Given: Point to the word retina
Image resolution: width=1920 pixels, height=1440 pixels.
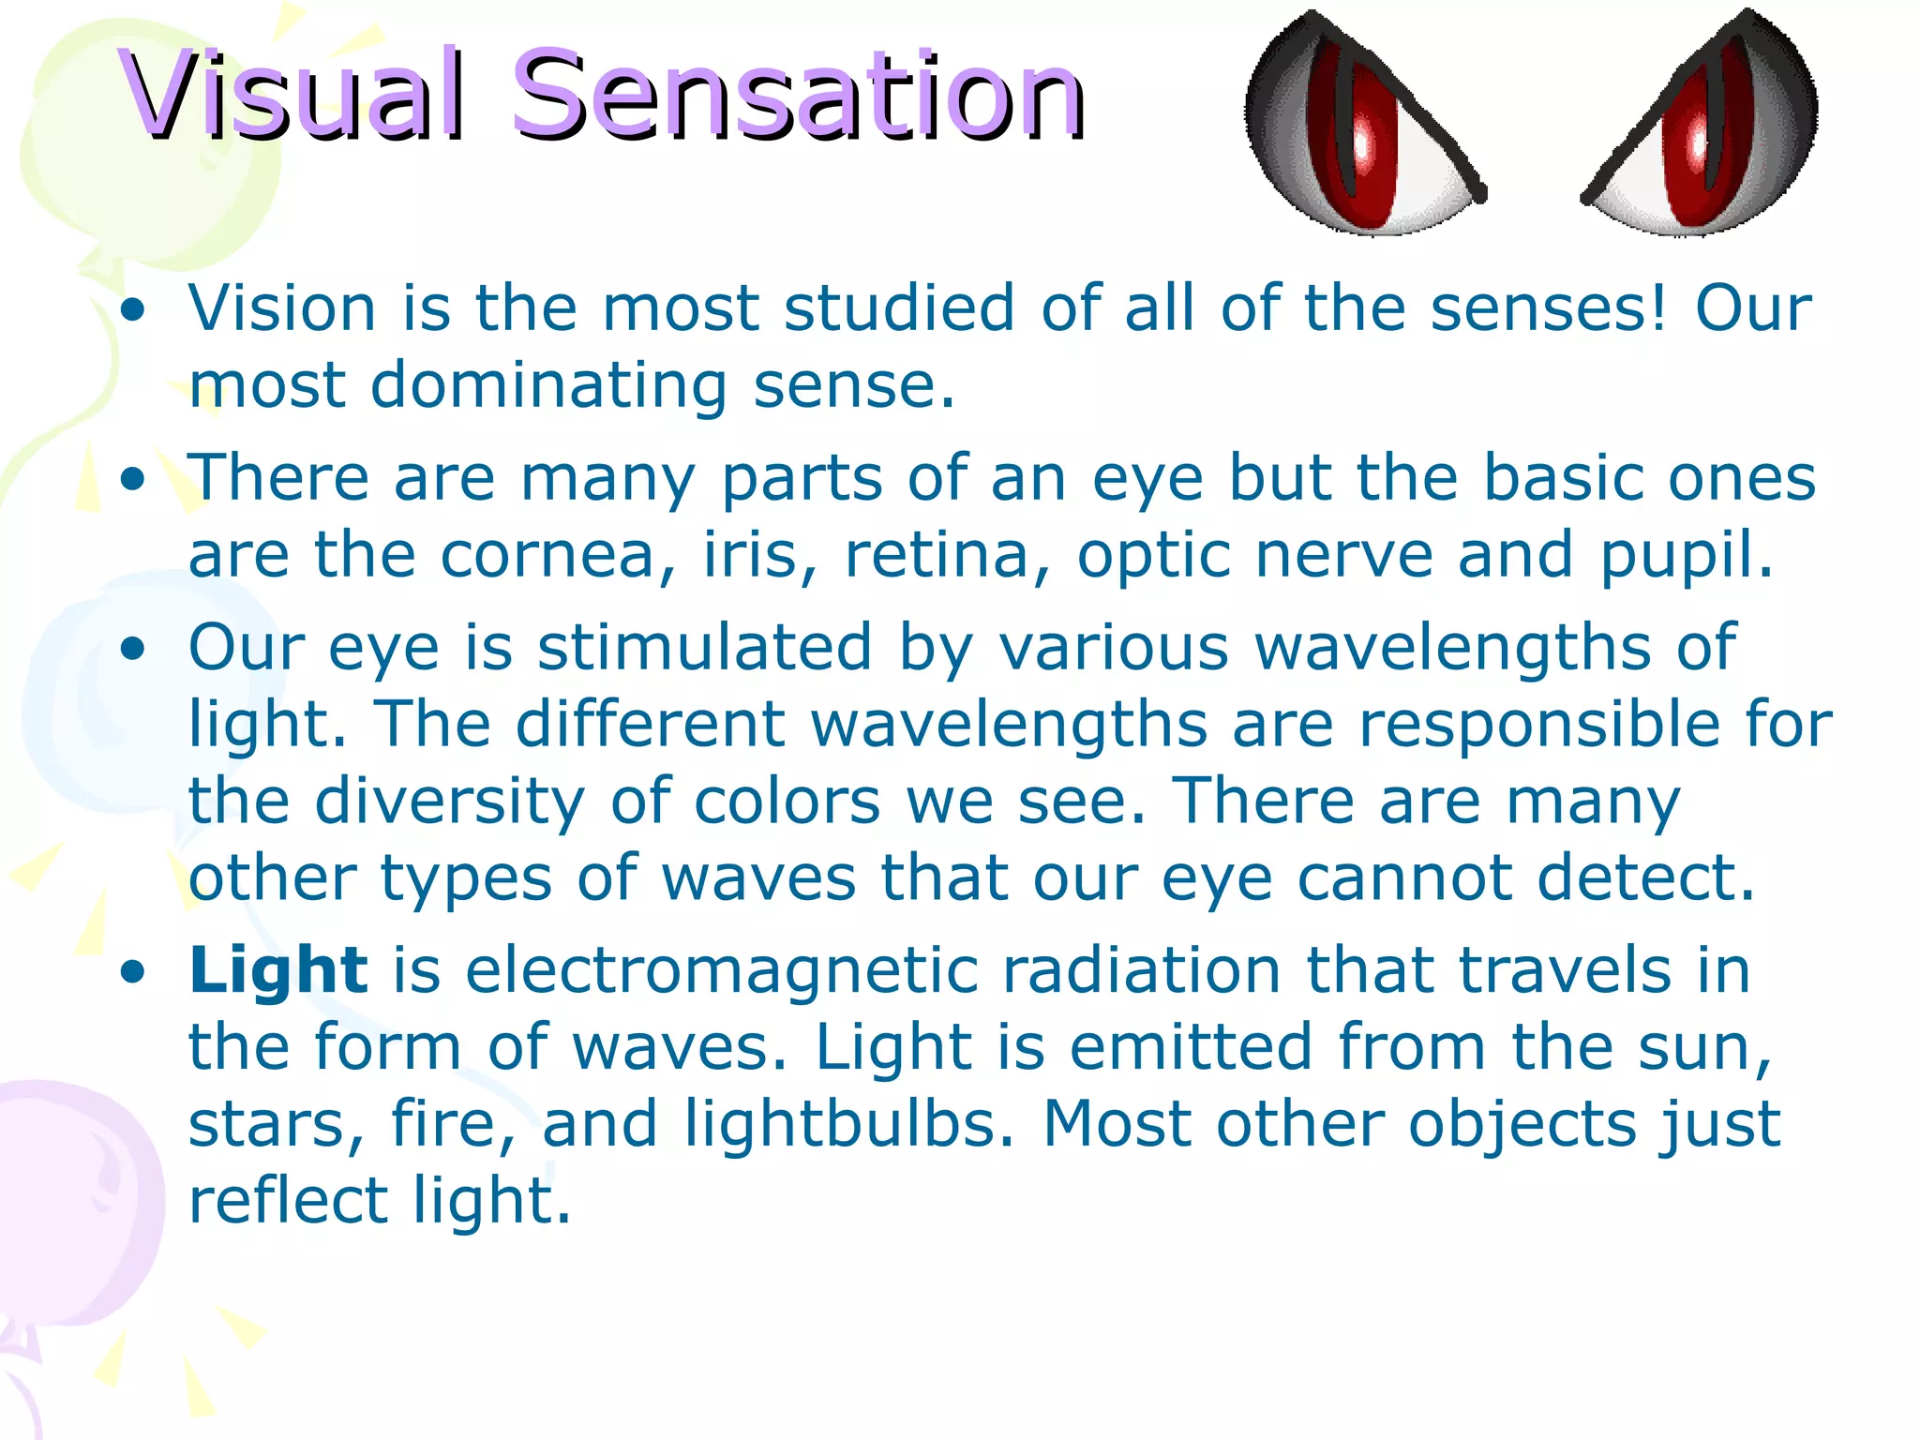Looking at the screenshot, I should pos(947,555).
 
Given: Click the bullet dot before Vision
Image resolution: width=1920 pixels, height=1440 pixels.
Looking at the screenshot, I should pos(134,310).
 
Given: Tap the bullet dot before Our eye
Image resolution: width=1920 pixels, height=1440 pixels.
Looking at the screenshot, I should pos(134,649).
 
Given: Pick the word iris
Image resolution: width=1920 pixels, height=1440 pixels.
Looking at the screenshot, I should pos(759,555).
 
